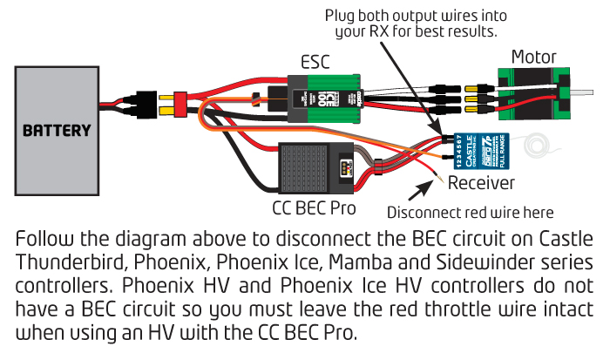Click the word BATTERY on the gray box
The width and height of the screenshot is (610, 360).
coord(57,131)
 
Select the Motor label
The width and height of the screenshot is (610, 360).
coord(533,58)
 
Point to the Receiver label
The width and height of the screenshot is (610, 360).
coord(480,183)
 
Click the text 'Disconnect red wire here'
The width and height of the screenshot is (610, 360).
coord(471,212)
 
